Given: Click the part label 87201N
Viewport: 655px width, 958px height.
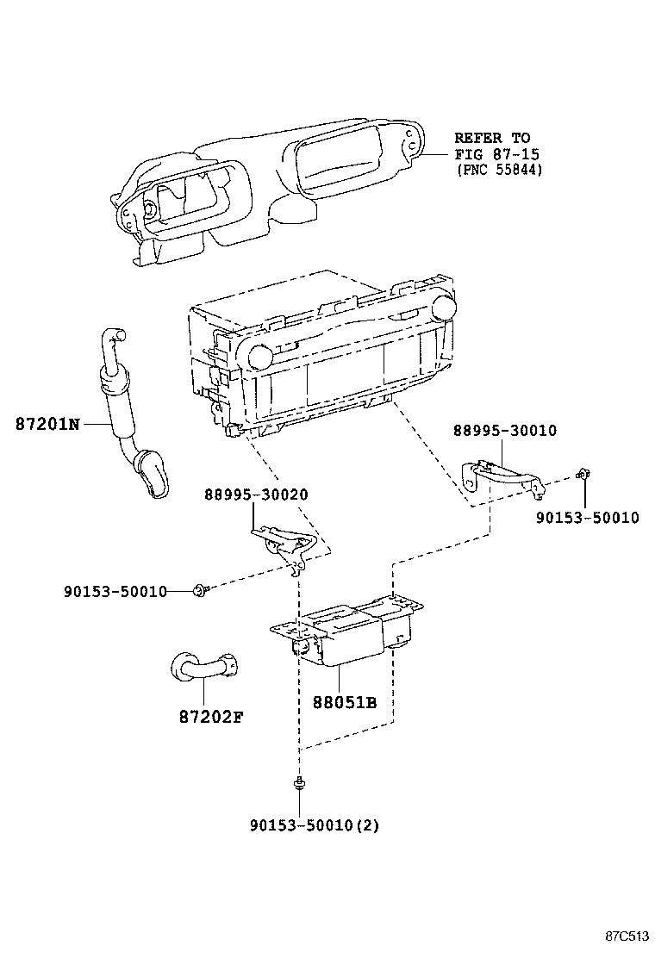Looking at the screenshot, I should (47, 424).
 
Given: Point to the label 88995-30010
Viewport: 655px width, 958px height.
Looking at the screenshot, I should (505, 431).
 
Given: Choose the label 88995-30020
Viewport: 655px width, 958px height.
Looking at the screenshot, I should (256, 495).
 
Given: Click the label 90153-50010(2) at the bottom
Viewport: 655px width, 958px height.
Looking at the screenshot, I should (315, 824).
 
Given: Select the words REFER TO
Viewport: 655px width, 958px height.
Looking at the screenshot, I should (492, 138).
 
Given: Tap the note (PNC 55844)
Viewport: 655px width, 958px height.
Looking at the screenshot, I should (499, 170).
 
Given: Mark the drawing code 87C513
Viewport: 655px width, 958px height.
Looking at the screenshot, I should (626, 936).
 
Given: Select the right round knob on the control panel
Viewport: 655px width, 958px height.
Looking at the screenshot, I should (444, 306).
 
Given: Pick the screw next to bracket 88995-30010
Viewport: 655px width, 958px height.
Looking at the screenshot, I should (583, 473).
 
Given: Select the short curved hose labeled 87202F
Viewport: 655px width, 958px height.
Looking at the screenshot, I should (203, 667).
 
